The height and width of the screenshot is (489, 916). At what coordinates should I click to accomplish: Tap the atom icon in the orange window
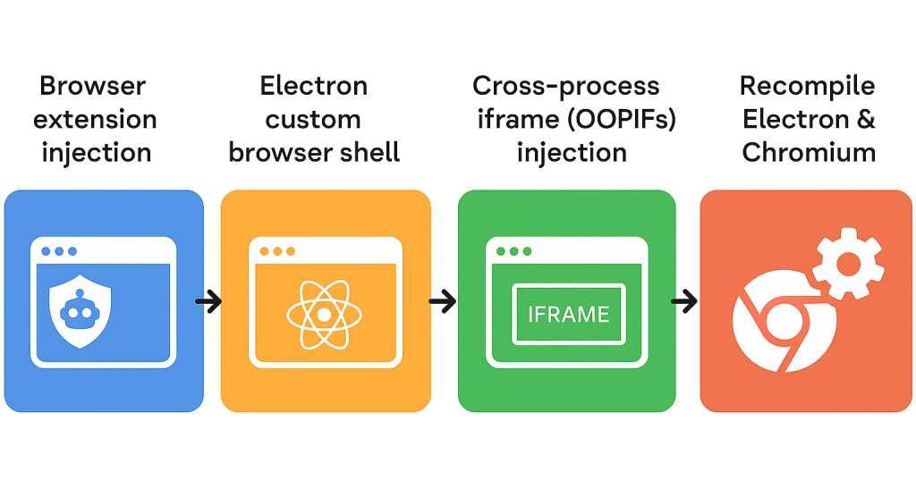[325, 314]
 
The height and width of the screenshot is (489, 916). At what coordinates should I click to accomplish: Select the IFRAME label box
[568, 314]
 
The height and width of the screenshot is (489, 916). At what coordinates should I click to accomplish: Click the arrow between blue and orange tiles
[210, 301]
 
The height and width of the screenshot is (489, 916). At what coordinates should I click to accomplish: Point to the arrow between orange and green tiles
[444, 301]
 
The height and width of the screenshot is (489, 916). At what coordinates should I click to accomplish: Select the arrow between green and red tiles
[685, 301]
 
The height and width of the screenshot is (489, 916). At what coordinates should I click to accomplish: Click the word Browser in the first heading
[92, 88]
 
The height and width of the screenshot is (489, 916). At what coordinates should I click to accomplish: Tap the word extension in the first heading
[97, 120]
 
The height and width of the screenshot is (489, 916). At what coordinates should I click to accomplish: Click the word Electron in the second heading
[313, 87]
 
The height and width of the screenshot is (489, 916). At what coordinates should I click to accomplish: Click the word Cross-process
[565, 87]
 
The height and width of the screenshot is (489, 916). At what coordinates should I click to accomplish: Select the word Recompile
[806, 87]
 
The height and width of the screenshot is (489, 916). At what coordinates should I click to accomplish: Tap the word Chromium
[808, 152]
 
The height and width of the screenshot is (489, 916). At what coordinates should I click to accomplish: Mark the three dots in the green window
[514, 252]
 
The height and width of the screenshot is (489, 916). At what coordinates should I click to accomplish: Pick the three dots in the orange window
[276, 252]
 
